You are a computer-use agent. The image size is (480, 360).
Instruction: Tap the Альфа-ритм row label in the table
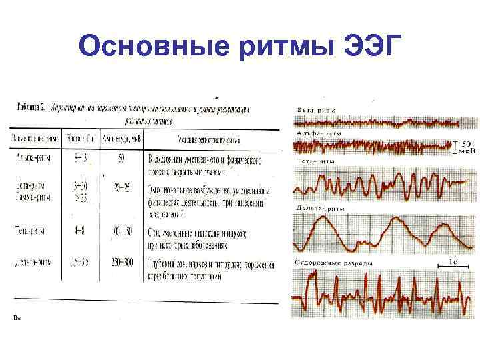pyautogui.click(x=33, y=159)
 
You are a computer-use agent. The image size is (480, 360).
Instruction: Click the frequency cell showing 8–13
pyautogui.click(x=81, y=159)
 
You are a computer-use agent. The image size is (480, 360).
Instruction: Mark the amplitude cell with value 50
pyautogui.click(x=120, y=159)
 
